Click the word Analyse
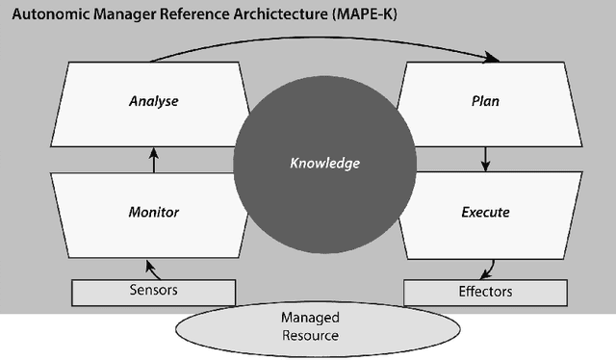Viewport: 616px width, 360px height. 154,100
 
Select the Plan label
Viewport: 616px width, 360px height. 487,100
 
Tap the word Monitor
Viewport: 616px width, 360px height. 154,212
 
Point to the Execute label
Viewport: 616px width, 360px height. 485,212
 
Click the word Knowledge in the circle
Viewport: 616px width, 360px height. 325,163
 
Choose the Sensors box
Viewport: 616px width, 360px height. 154,291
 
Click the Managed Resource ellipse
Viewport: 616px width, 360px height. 311,327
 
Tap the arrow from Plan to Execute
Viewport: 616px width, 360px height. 486,158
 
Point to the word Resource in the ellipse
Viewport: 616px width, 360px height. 311,336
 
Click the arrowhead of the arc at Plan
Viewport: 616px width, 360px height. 494,60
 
